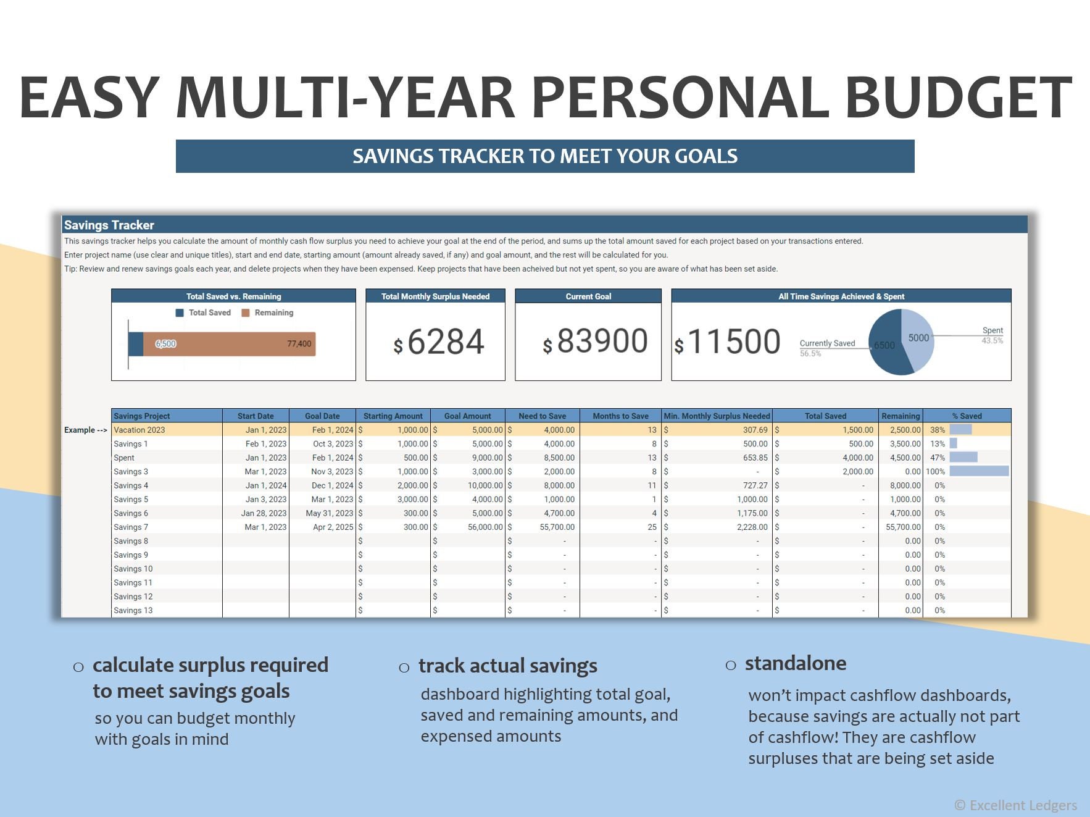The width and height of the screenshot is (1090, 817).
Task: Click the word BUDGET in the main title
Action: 958,98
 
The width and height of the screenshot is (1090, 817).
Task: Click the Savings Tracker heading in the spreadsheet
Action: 109,225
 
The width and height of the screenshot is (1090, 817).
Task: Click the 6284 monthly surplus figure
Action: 445,341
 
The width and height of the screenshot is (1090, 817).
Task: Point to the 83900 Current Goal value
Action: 602,341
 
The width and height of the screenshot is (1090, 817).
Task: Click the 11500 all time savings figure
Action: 733,341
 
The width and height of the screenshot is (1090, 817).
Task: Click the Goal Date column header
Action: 322,416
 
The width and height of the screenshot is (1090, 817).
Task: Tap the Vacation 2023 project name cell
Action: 139,430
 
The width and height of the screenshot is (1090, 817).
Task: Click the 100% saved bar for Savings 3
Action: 979,471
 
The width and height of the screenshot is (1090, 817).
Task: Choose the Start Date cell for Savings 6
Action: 264,513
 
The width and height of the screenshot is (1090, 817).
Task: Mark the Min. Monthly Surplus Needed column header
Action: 717,416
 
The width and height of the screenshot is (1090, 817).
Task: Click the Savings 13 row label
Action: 133,610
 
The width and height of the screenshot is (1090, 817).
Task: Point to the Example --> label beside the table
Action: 85,430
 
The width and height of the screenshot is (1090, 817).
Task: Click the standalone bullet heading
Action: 795,663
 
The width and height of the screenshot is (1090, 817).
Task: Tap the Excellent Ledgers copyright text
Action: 1016,805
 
